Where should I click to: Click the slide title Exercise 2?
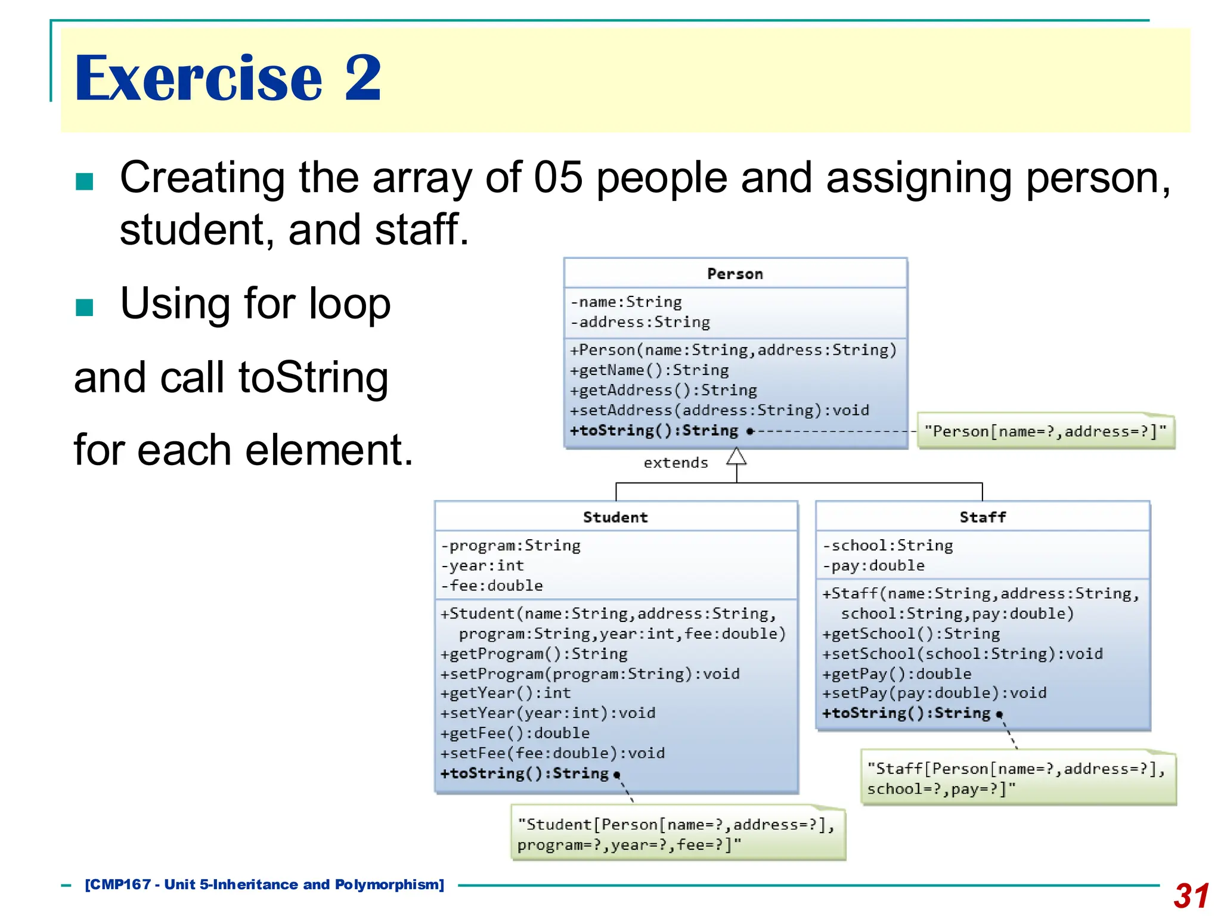pos(227,78)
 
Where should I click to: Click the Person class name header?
pos(735,274)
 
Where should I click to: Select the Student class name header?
pos(615,517)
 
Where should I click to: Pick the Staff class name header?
pos(983,517)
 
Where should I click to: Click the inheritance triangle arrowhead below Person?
pos(736,457)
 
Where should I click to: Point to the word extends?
pos(675,463)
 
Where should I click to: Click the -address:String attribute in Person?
pos(640,322)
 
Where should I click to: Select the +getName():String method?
pos(649,370)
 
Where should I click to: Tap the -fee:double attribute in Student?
pos(492,586)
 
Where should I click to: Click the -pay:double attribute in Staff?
pos(873,565)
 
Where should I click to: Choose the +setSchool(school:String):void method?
pos(962,654)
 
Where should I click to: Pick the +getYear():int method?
pos(506,693)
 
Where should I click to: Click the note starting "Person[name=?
pos(1045,431)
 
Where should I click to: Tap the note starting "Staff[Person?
pos(1017,778)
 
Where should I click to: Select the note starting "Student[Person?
pos(677,834)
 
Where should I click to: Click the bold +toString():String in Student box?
pos(525,773)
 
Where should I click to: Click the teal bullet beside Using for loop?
pos(85,307)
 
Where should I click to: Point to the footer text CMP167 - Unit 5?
pos(265,884)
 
